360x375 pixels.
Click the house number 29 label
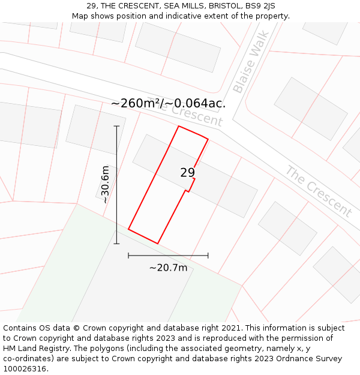[x=188, y=173]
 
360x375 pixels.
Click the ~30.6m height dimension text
[x=106, y=185]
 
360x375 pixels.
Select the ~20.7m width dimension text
[x=168, y=268]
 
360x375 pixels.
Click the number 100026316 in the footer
[x=24, y=369]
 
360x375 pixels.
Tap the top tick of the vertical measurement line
[x=116, y=127]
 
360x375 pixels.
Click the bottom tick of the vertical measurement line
[x=116, y=244]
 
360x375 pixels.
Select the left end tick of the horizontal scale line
[x=128, y=256]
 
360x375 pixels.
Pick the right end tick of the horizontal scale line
[x=208, y=256]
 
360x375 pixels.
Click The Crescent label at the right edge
[x=318, y=191]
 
